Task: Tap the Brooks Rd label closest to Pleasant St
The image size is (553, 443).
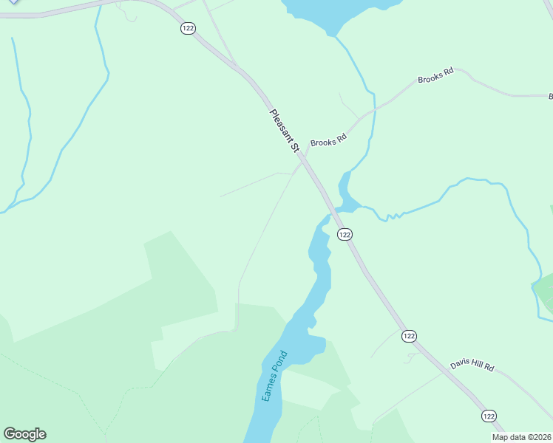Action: tap(328, 140)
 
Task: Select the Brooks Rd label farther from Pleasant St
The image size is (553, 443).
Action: tap(434, 78)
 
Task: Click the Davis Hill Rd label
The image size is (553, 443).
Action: tap(471, 365)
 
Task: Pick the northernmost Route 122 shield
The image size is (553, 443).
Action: tap(187, 27)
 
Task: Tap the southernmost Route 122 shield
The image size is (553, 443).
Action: tap(489, 416)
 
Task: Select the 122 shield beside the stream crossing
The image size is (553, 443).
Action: tap(344, 234)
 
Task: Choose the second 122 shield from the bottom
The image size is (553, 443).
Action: tap(409, 336)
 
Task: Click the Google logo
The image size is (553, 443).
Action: tap(24, 434)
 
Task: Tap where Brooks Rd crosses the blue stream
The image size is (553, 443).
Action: tap(375, 109)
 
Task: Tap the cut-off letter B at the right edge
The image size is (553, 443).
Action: tap(550, 97)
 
